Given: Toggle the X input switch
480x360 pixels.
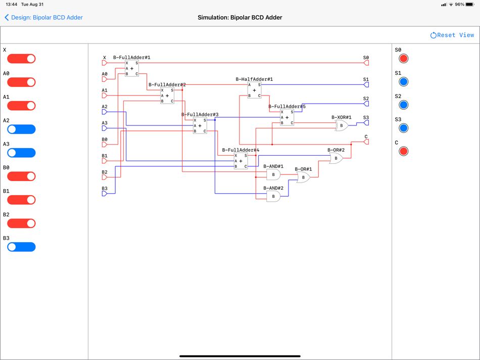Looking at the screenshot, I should tap(21, 59).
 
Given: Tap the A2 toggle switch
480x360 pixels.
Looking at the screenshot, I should tap(21, 129).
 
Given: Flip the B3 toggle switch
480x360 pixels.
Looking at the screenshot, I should tap(21, 247).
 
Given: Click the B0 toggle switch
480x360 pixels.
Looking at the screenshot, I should tap(21, 176).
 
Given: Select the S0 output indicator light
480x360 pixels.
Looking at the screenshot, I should tap(403, 59).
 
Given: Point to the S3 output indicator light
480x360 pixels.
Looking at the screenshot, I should tap(403, 128).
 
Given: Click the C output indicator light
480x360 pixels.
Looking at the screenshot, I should tap(403, 151).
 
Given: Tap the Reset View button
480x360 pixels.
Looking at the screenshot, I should tap(452, 35).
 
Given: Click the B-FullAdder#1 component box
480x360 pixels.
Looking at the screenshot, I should tap(132, 68).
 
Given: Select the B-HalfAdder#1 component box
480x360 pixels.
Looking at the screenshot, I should tap(254, 90).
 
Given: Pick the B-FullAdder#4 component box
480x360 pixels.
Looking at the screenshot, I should tap(241, 161).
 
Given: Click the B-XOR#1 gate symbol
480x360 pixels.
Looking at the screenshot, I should tap(342, 125).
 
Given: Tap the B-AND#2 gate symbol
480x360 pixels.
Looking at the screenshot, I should tap(273, 196).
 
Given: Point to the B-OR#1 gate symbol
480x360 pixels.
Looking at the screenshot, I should tap(303, 177).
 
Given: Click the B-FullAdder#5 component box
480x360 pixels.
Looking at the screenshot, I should tap(287, 117).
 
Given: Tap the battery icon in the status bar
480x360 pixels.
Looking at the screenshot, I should tap(469, 5).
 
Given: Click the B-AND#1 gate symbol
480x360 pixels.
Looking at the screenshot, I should tap(273, 174).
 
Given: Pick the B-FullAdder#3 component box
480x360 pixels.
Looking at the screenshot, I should tap(200, 125).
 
